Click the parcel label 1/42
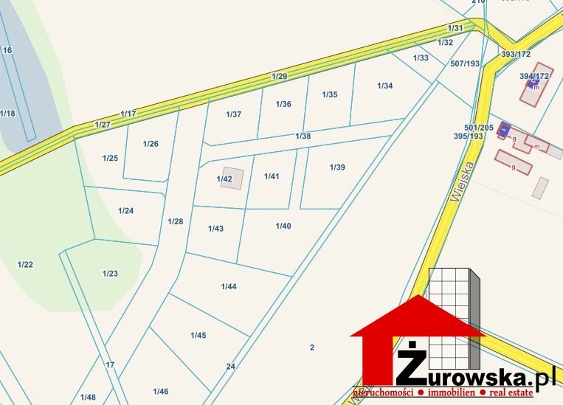point(224,179)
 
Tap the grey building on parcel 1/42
point(232,179)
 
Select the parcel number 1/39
point(337,167)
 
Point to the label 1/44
point(229,286)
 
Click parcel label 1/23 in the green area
point(110,274)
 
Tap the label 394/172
point(534,76)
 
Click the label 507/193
point(465,63)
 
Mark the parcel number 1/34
point(384,86)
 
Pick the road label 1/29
point(279,77)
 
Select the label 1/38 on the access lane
point(303,136)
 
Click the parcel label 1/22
point(26,264)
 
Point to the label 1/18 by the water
point(7,113)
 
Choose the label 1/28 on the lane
point(175,221)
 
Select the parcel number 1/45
point(198,336)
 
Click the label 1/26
point(151,143)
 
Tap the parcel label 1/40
point(283,226)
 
